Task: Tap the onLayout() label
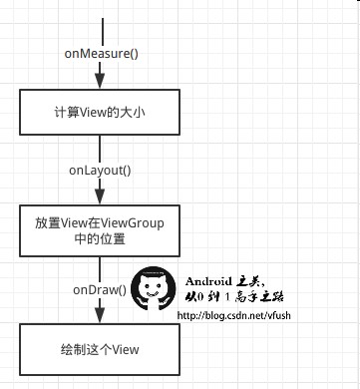(99, 171)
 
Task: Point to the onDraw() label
(99, 289)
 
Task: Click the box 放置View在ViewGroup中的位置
(100, 230)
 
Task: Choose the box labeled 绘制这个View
(100, 349)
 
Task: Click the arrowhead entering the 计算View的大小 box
(100, 85)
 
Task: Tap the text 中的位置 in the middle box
(100, 239)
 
